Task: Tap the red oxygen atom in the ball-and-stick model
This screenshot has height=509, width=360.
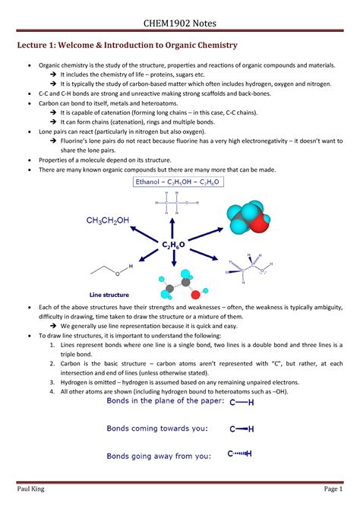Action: click(x=195, y=293)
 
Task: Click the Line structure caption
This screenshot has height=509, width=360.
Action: click(x=109, y=294)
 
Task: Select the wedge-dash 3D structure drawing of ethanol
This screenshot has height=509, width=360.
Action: click(x=248, y=268)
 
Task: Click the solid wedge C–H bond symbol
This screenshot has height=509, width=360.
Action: click(x=242, y=428)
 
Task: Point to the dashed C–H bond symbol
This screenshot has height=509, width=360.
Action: click(x=242, y=455)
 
